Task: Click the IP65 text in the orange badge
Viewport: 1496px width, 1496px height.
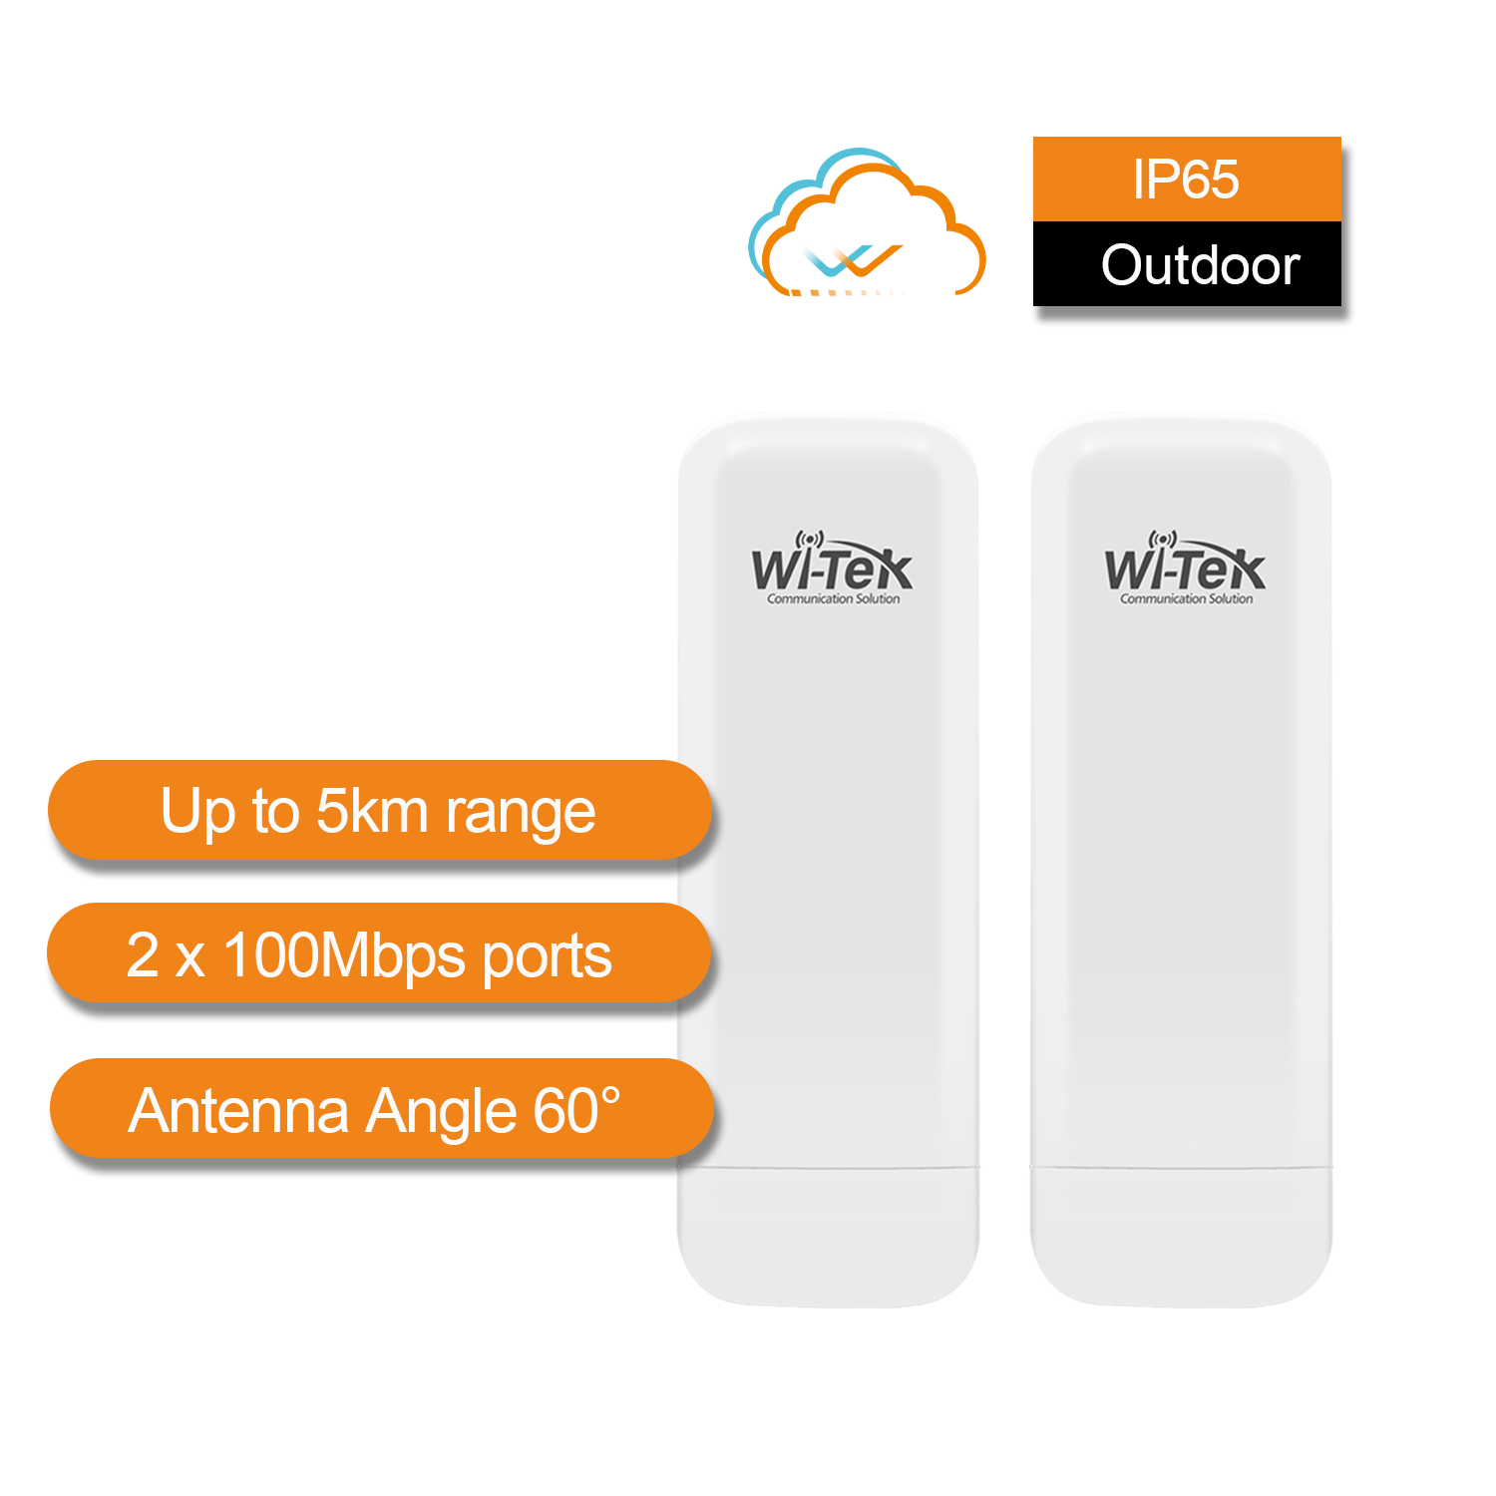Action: [1186, 181]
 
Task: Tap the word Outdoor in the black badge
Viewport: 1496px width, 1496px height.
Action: [1200, 265]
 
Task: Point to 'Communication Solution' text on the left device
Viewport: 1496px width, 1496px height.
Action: [833, 599]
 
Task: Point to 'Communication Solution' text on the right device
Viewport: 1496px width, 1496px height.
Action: [1186, 599]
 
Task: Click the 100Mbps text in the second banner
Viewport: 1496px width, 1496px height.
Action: [344, 955]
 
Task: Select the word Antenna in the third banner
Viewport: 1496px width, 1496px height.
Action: [238, 1111]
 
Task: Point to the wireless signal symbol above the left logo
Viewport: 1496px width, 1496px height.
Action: [810, 540]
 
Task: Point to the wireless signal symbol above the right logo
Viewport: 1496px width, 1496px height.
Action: [1163, 540]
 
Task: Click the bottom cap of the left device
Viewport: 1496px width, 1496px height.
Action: [826, 1237]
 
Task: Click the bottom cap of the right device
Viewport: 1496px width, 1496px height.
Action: [1183, 1237]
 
